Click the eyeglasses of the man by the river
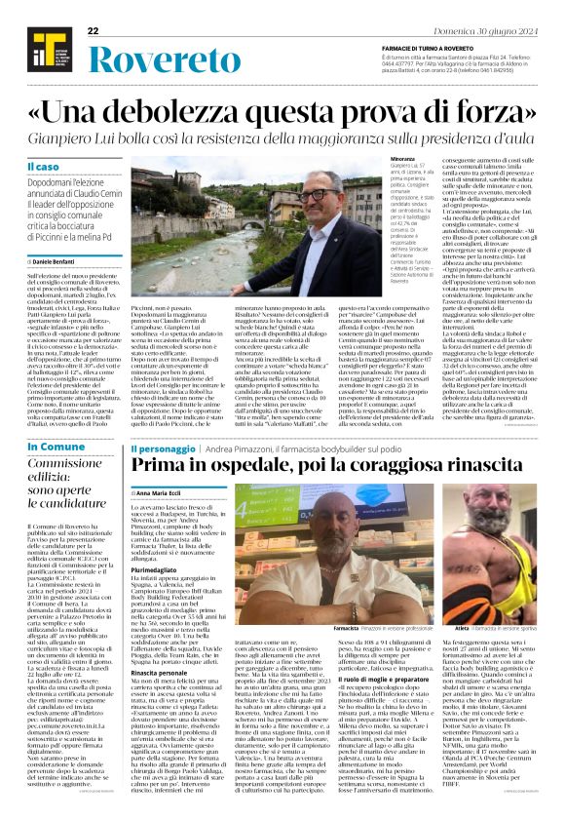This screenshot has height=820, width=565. [320, 196]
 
